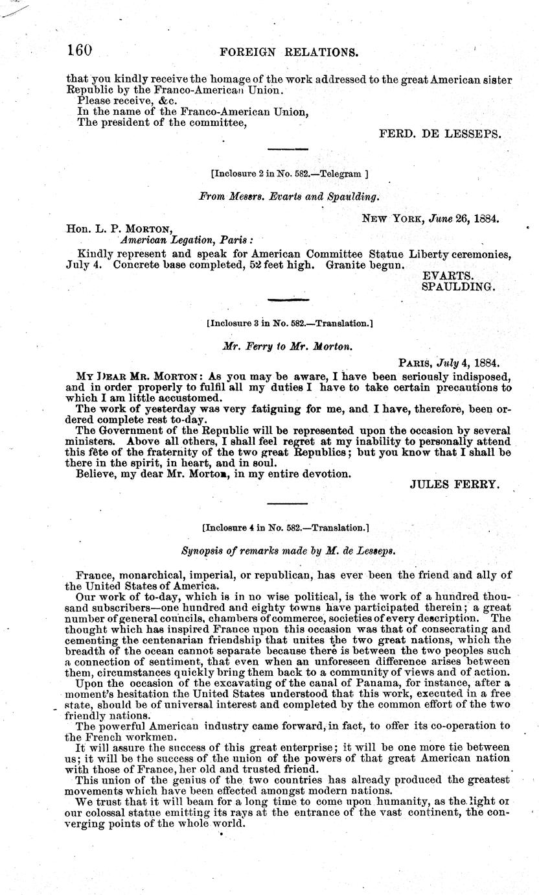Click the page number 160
coord(80,51)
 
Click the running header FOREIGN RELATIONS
coord(290,52)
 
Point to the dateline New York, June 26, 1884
coord(430,219)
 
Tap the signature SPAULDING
coord(458,286)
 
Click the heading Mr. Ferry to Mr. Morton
coord(288,346)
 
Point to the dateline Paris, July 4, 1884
coord(448,365)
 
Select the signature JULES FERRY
coord(455,484)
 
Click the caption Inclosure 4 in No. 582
coord(286,528)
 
